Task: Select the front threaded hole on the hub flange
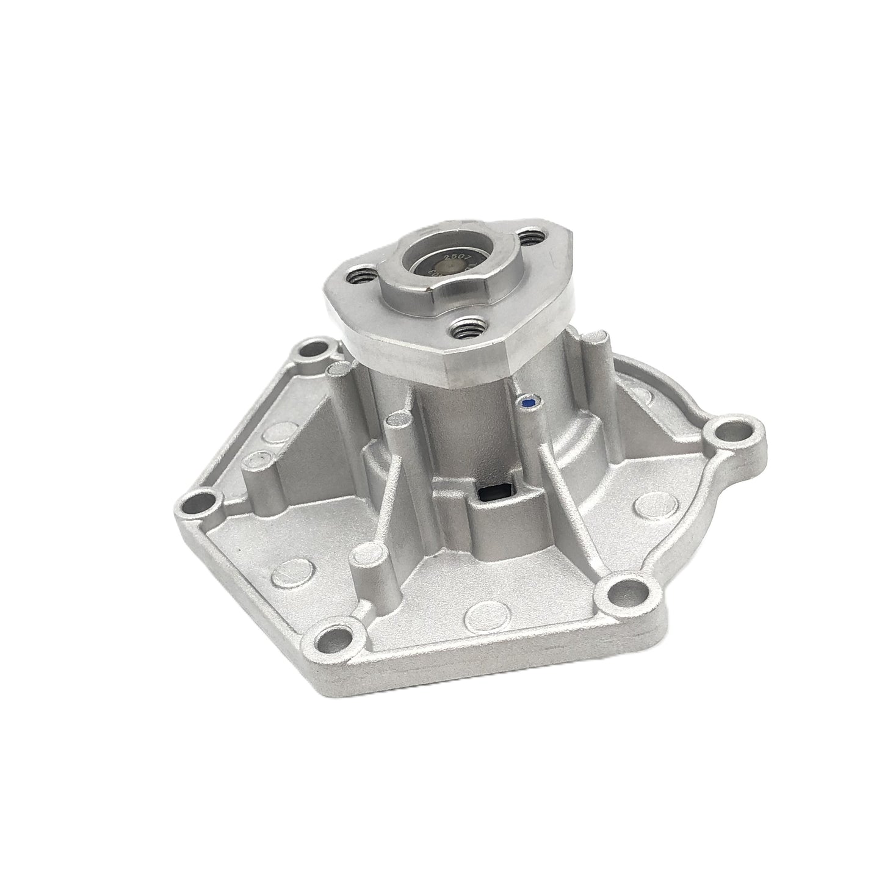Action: (466, 332)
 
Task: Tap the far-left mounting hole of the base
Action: (198, 504)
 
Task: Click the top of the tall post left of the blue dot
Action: (400, 420)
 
